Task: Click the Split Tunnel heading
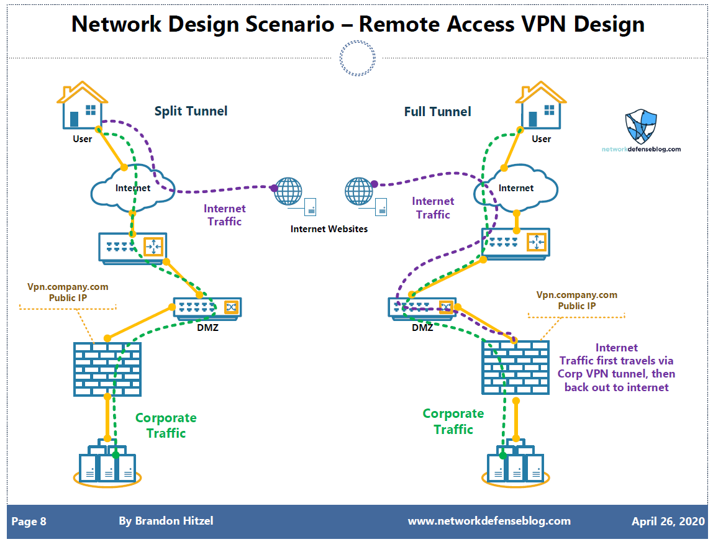191,111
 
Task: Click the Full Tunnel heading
437,112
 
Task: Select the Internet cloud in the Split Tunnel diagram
132,186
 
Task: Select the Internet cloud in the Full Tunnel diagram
515,186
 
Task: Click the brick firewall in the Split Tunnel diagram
107,369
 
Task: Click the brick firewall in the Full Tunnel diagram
515,368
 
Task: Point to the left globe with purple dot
288,191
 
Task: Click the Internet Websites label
329,229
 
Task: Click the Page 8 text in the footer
29,522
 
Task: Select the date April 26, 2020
668,522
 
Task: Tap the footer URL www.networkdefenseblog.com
489,521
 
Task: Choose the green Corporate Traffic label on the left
166,425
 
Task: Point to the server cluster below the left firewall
107,464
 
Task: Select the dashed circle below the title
357,58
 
